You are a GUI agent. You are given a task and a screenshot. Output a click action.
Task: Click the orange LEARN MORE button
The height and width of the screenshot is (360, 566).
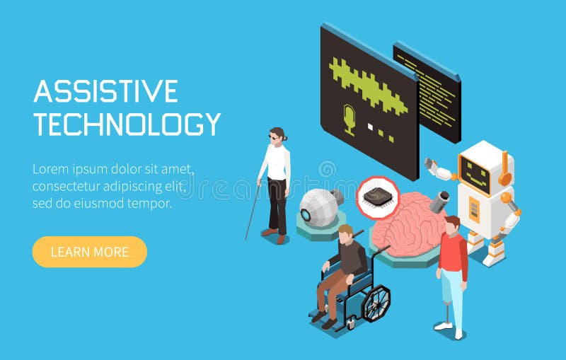pos(89,252)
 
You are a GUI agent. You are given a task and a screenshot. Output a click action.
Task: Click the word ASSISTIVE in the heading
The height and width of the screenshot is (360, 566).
pos(105,92)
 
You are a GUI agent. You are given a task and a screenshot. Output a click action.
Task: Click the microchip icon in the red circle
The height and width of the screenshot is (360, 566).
pos(377,197)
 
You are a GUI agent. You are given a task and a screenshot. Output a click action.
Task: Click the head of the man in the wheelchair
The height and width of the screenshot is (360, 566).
pos(345,233)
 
